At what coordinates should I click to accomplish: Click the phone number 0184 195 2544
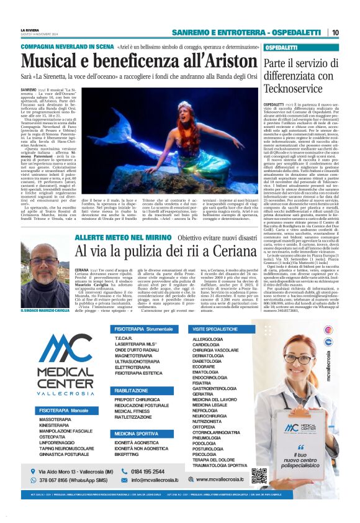click(157, 471)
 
